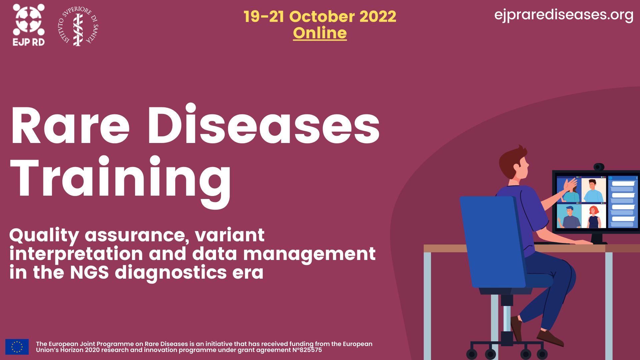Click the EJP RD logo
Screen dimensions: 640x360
(29, 25)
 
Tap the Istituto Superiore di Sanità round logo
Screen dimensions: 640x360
(78, 26)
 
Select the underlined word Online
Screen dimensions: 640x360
(320, 33)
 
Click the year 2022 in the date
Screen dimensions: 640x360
(378, 16)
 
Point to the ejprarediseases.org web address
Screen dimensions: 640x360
(564, 15)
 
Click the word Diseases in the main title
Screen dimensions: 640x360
(264, 125)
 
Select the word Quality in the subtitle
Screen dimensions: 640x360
(44, 236)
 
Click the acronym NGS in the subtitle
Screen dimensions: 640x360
(89, 272)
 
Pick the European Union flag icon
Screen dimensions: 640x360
(17, 347)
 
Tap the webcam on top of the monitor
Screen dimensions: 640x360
(599, 167)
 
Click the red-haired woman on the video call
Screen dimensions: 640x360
(594, 217)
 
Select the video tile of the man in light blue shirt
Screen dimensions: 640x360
(594, 190)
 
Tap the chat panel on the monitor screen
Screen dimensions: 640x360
(623, 202)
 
